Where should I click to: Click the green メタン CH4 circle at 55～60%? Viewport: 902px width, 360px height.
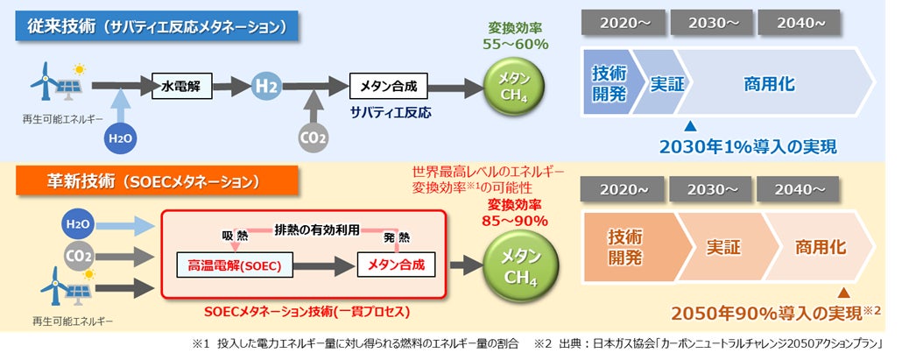(x=516, y=87)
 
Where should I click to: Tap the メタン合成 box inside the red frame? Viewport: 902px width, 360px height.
(x=397, y=265)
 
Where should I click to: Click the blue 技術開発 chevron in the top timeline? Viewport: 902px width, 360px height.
(x=608, y=84)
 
